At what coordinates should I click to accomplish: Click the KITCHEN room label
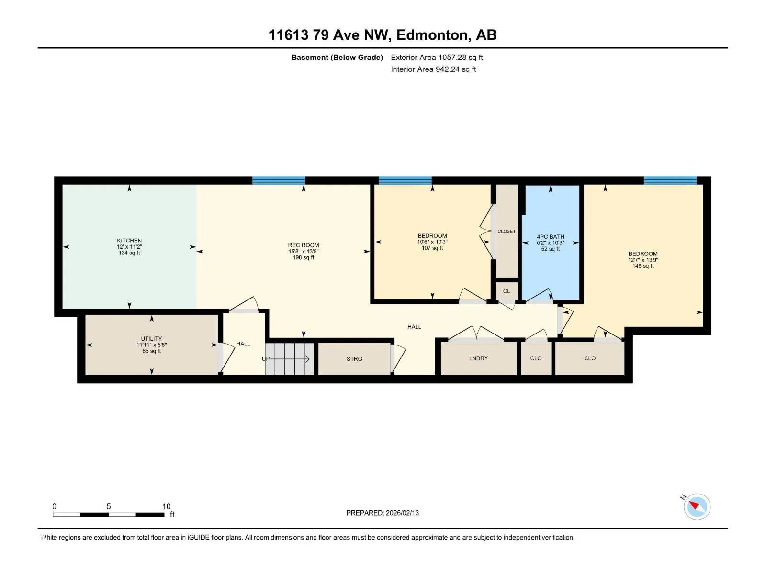[129, 241]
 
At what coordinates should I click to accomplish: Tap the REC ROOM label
[303, 245]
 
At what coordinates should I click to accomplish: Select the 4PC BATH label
[551, 236]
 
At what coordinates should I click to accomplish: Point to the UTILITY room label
[151, 338]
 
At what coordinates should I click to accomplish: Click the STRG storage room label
[354, 358]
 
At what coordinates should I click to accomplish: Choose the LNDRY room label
[478, 358]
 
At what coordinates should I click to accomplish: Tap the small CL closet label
[507, 291]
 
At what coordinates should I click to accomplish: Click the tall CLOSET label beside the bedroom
[507, 231]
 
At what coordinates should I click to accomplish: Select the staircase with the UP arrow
[290, 359]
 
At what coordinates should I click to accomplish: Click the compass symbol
[697, 506]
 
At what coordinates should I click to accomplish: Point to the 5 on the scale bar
[109, 506]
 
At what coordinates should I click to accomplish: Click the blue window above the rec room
[279, 181]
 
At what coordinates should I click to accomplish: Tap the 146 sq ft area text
[643, 266]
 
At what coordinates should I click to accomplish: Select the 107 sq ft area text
[432, 248]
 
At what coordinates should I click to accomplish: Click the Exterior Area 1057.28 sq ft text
[437, 57]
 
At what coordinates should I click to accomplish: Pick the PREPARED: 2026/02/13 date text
[383, 513]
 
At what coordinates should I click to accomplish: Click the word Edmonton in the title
[432, 35]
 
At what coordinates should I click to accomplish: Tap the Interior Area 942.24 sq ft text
[433, 69]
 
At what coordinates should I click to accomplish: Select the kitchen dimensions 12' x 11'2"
[129, 247]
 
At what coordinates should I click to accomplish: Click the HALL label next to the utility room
[243, 344]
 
